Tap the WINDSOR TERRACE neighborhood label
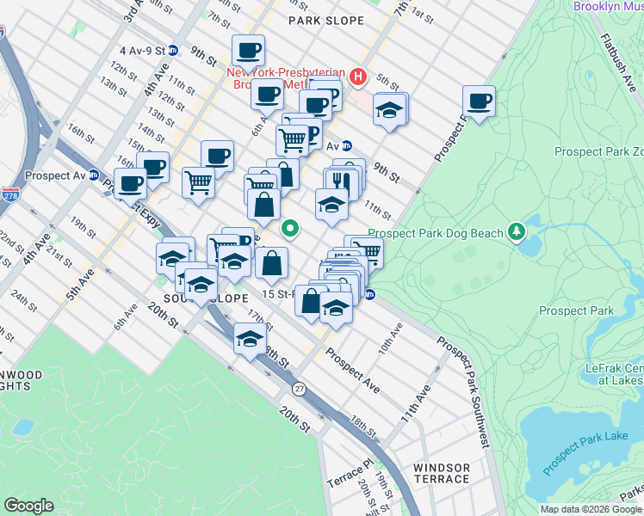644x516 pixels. point(442,475)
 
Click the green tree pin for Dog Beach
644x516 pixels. point(516,230)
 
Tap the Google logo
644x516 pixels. point(29,506)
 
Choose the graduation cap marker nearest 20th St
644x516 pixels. point(250,340)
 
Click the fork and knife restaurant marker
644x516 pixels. point(342,182)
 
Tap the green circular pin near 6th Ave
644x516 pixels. point(291,228)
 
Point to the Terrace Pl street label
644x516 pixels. point(351,474)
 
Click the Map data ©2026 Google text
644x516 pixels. point(590,509)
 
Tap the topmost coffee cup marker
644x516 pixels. point(248,51)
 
